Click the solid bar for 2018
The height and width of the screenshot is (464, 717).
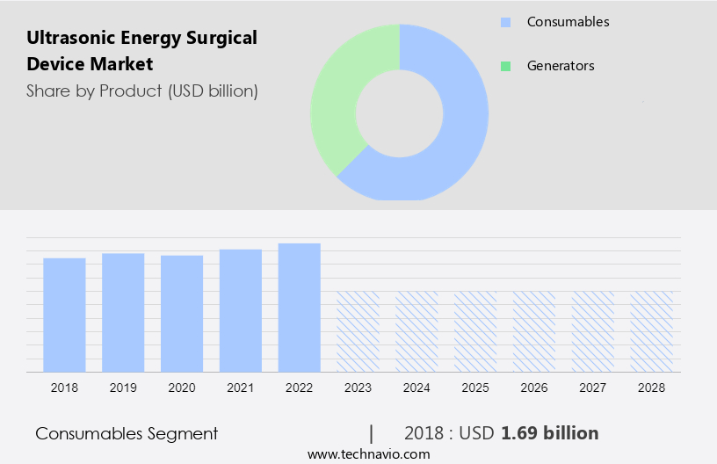point(64,314)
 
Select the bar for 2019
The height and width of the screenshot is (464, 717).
point(123,312)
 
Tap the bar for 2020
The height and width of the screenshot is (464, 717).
point(182,313)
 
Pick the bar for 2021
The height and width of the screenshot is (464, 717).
point(241,309)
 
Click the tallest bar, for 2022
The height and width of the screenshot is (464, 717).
point(300,307)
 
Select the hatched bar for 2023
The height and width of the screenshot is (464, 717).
point(358,330)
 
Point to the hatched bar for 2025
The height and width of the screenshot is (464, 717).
point(475,330)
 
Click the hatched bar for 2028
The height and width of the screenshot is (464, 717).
point(651,330)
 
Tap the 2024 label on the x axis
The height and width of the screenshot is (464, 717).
point(416,387)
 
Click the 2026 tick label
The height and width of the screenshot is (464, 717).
point(534,387)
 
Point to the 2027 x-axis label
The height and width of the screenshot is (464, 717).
point(593,387)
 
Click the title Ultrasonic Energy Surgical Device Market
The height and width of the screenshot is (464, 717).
point(141,51)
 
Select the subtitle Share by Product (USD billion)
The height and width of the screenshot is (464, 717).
point(141,91)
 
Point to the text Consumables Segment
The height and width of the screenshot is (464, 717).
point(127,433)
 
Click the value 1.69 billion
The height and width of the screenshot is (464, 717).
point(549,433)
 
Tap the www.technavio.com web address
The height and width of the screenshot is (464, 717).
point(369,454)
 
